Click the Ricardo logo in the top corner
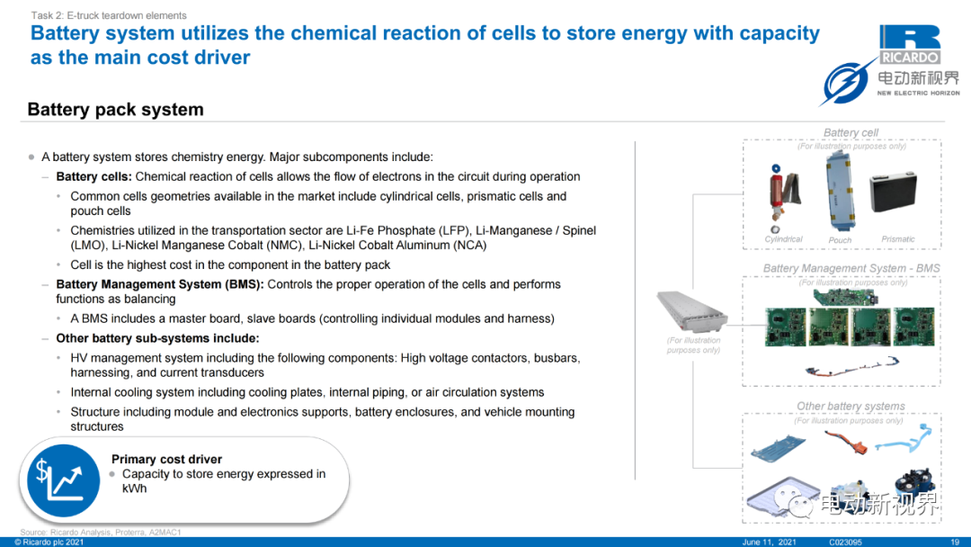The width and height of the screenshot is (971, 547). click(910, 44)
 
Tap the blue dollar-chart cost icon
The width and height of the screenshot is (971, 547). click(63, 480)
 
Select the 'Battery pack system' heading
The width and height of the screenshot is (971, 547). click(116, 110)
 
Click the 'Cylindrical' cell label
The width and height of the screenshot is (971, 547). click(783, 239)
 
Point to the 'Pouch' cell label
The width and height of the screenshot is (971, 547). click(840, 240)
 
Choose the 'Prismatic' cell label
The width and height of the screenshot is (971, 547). click(898, 239)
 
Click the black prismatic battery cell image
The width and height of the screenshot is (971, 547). click(893, 192)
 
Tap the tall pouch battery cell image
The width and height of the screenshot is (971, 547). click(841, 191)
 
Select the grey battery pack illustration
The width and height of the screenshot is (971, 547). click(691, 311)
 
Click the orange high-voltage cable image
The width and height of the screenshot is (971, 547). click(847, 441)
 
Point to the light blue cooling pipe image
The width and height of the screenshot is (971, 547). click(904, 439)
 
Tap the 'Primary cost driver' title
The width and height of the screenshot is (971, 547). click(166, 459)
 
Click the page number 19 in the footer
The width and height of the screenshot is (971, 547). click(954, 542)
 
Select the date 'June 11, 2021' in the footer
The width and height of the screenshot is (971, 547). click(769, 542)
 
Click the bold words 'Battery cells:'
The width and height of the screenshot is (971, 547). click(94, 176)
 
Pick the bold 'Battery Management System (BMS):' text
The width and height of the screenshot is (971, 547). click(160, 284)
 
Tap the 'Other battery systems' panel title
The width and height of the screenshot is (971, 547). click(851, 406)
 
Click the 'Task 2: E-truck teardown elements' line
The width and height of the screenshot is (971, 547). click(109, 15)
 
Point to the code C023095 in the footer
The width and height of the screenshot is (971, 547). click(845, 542)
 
